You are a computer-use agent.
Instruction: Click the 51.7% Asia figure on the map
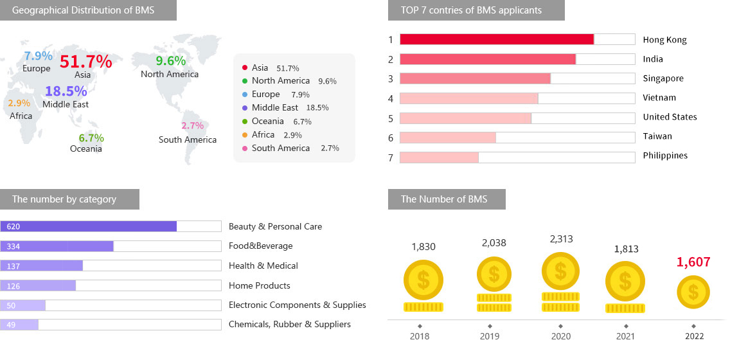tap(85, 62)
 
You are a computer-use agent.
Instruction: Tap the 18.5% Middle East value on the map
tap(66, 91)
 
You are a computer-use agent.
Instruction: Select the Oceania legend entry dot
tap(245, 122)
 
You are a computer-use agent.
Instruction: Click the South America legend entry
tap(281, 148)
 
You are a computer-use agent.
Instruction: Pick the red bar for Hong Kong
tap(496, 39)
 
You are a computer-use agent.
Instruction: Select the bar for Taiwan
tap(448, 138)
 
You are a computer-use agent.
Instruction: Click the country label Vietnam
tap(659, 98)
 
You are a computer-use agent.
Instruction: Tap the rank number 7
tap(390, 157)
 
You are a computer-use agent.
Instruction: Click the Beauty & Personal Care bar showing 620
tap(89, 226)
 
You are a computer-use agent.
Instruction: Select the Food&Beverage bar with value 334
tap(57, 246)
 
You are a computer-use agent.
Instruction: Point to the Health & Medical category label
tap(263, 265)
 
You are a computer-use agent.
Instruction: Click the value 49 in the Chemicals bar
tap(11, 325)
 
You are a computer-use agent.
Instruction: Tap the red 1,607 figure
tap(693, 262)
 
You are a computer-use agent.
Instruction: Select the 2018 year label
tap(419, 336)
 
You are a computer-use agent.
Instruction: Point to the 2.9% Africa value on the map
tap(19, 103)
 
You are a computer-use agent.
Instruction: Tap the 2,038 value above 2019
tap(494, 243)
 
